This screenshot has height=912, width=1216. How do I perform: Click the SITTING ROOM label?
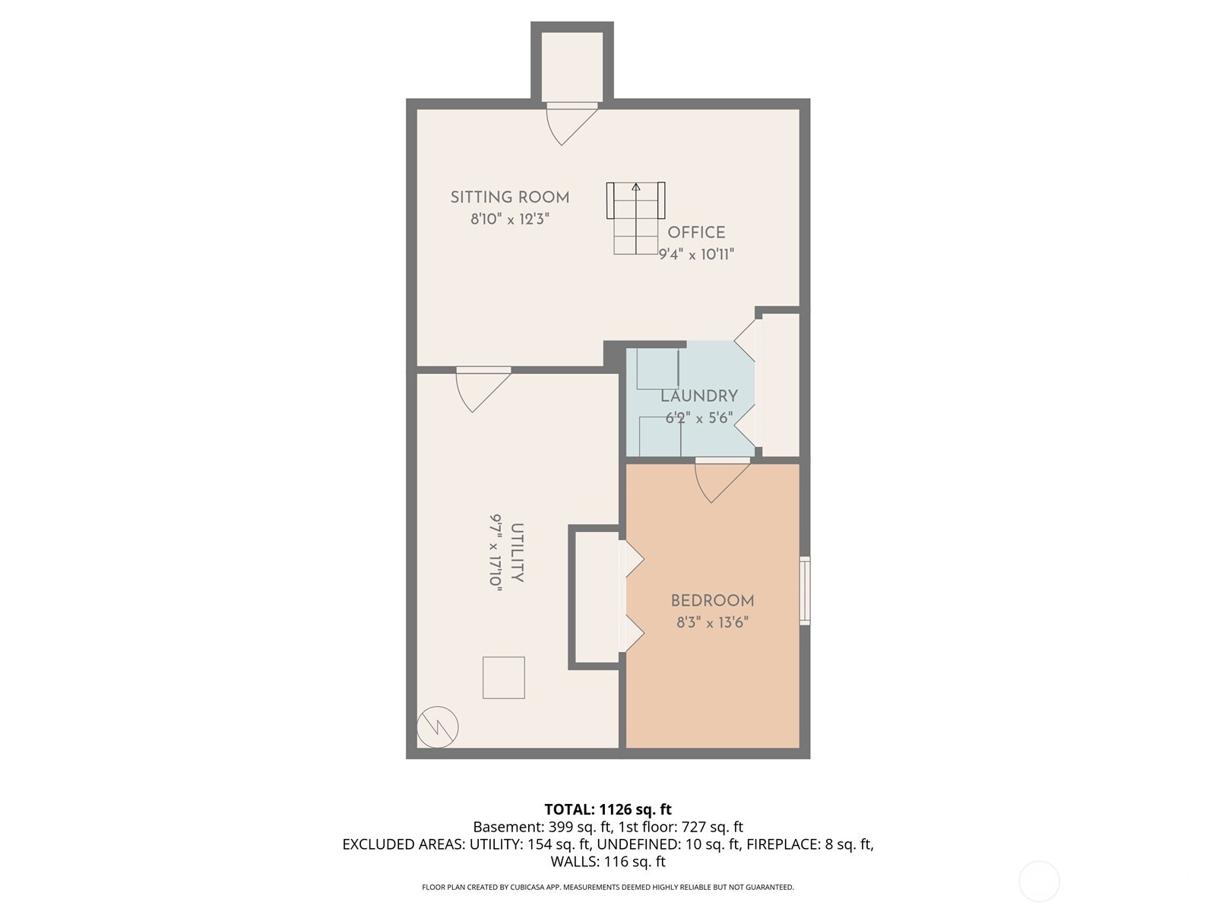click(x=510, y=197)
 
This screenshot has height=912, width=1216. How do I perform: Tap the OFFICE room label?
click(x=696, y=232)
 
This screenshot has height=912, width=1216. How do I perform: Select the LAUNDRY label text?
click(x=699, y=396)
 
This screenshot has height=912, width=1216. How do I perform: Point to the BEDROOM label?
click(x=712, y=601)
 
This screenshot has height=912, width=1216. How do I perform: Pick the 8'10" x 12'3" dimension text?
click(x=510, y=219)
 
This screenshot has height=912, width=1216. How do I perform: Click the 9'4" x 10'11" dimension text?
click(x=696, y=254)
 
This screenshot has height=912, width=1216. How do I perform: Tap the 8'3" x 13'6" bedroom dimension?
click(x=712, y=622)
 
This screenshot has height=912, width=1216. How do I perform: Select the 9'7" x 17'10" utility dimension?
click(x=496, y=554)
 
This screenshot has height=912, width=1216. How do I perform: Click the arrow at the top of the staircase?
click(x=636, y=187)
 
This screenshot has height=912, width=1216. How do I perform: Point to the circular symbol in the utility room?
click(x=438, y=727)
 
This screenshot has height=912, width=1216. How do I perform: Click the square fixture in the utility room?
click(x=504, y=678)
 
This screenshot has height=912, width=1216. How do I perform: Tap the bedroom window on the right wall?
click(x=805, y=591)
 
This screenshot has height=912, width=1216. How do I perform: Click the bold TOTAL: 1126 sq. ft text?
click(x=608, y=809)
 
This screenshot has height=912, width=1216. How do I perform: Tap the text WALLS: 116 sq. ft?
click(x=608, y=861)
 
